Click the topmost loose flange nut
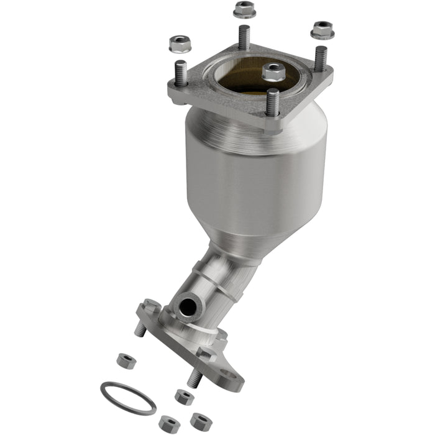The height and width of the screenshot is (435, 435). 244,10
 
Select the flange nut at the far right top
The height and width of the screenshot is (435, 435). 322,29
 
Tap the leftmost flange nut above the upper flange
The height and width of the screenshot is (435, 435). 180,44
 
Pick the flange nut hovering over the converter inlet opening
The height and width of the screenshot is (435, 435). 273,71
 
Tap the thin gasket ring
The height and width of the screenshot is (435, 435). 127,398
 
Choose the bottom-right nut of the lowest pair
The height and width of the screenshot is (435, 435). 200,421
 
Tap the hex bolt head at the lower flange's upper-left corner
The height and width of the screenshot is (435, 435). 151,306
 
